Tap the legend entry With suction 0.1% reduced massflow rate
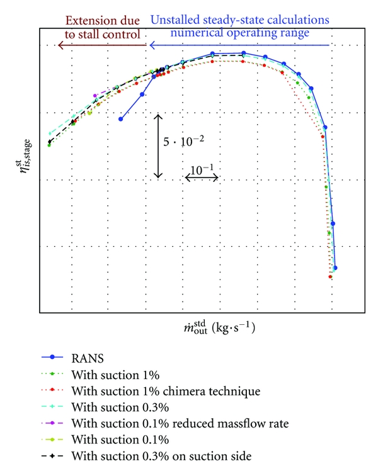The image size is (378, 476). tap(180, 423)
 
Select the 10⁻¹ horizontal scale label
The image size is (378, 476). tap(202, 169)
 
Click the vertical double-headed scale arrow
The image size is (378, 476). tap(159, 145)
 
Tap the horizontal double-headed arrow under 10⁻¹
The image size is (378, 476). tap(202, 178)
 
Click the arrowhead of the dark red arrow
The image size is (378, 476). tap(59, 45)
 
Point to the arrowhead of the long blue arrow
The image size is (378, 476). tap(150, 45)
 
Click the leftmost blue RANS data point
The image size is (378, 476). tap(120, 118)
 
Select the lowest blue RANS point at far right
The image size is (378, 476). tap(335, 268)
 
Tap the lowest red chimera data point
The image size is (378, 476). tap(330, 276)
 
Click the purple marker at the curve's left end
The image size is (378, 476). tap(95, 96)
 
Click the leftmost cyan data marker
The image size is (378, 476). tap(50, 133)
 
